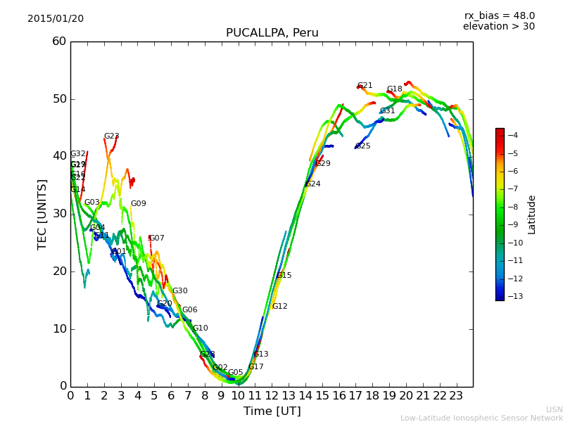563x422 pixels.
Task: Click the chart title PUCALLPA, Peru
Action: pos(272,33)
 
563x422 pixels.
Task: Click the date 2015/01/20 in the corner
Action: pos(56,18)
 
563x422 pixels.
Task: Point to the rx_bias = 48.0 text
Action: pos(499,15)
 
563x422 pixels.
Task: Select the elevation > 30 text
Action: pos(498,27)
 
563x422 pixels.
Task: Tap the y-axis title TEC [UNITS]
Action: pos(43,214)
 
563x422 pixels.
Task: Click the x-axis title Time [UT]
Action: pos(272,411)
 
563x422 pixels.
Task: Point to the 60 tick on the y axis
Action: pos(59,41)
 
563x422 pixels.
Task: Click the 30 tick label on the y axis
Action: pos(59,214)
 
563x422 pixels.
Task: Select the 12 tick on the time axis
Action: pos(272,395)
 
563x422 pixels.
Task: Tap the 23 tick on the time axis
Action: pos(456,395)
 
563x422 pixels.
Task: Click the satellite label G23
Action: pos(111,136)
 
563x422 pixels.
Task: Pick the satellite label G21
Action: pos(365,86)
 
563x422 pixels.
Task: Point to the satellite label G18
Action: pos(394,89)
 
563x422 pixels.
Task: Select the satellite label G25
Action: pos(362,146)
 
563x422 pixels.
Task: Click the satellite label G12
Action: pos(279,307)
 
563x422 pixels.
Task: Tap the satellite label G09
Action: pos(138,204)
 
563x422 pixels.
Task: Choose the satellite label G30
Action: pos(179,291)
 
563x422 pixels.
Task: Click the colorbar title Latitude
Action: pos(532,215)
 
